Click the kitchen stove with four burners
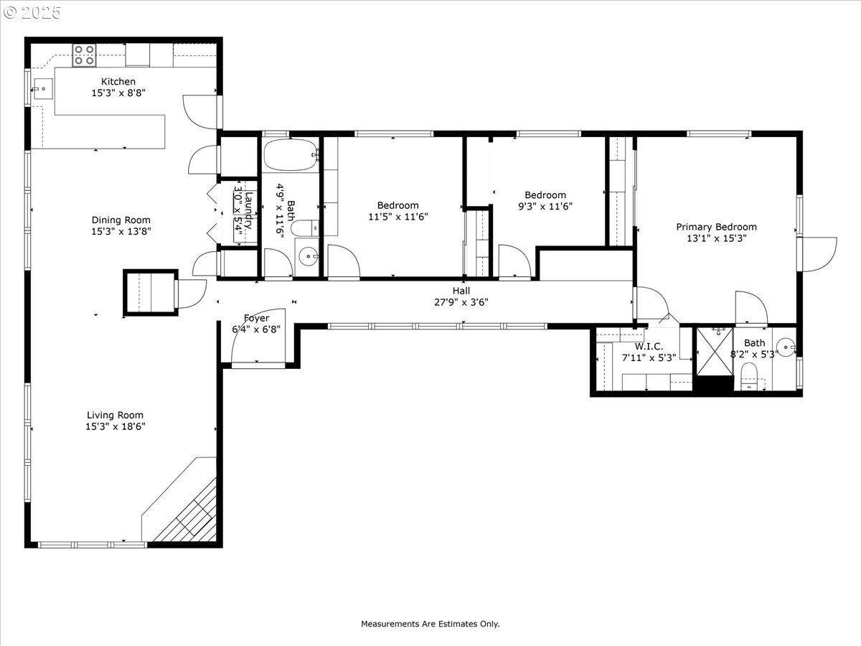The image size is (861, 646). pyautogui.click(x=84, y=55)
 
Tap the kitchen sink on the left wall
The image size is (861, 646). pyautogui.click(x=42, y=90)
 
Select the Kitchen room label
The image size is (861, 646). pyautogui.click(x=118, y=82)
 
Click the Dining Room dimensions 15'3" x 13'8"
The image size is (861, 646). pyautogui.click(x=121, y=231)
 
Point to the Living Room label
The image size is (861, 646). pyautogui.click(x=115, y=415)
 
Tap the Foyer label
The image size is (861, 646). pyautogui.click(x=256, y=318)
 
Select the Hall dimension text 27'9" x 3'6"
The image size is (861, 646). pyautogui.click(x=461, y=302)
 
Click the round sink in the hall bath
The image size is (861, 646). pyautogui.click(x=309, y=254)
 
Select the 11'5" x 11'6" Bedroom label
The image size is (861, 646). pyautogui.click(x=399, y=205)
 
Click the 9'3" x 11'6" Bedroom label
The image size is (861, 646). pyautogui.click(x=545, y=195)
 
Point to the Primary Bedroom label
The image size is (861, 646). pyautogui.click(x=716, y=227)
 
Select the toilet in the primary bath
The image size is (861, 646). pyautogui.click(x=750, y=375)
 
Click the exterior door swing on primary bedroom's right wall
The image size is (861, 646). pyautogui.click(x=818, y=254)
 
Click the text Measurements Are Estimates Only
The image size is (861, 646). pyautogui.click(x=430, y=624)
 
